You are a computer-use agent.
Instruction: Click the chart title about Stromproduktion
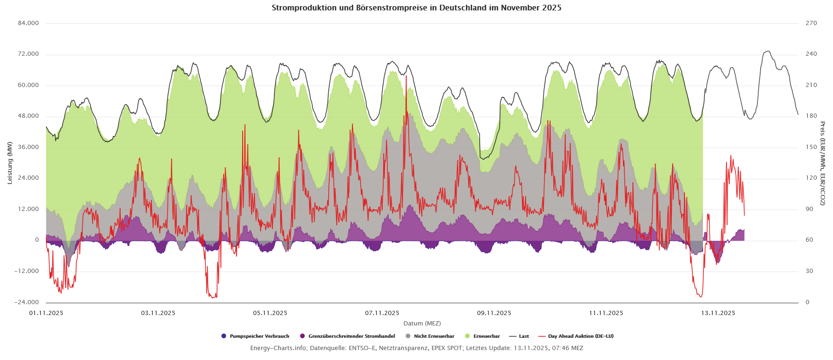point(416,8)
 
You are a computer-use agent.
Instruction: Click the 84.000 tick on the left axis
point(29,23)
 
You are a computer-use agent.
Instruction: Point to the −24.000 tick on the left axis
point(28,302)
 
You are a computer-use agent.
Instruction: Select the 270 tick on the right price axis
point(811,23)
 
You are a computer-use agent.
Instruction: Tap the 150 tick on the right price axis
point(811,147)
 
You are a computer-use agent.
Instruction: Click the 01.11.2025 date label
point(46,313)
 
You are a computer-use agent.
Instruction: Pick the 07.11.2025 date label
point(382,313)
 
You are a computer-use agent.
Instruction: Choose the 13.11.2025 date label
point(718,313)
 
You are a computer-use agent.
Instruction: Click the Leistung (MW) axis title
point(10,163)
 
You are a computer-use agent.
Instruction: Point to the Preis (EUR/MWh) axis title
point(823,163)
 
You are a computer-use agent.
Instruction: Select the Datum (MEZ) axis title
point(422,324)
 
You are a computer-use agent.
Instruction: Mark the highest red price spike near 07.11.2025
point(406,76)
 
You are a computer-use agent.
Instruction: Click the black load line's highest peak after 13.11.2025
point(767,51)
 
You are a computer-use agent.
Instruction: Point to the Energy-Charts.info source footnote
point(416,348)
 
